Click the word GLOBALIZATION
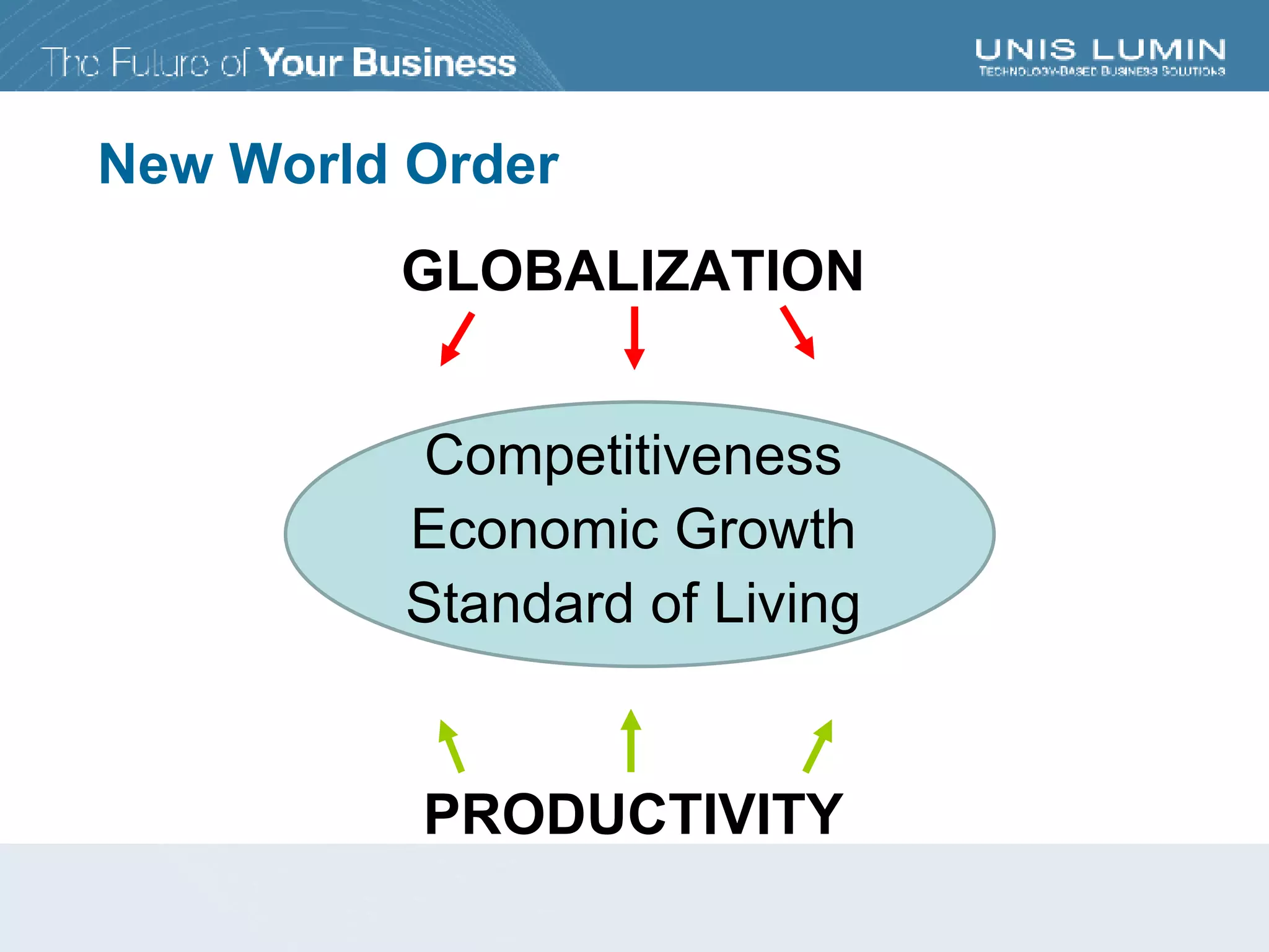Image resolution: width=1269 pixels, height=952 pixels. click(x=632, y=271)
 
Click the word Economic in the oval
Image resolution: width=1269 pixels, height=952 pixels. click(x=534, y=529)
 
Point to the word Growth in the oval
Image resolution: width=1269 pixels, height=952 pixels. click(x=765, y=529)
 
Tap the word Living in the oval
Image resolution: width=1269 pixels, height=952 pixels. click(x=787, y=604)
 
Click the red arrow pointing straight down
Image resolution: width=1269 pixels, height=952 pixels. click(x=634, y=338)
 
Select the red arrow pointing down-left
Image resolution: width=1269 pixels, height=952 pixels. click(x=457, y=339)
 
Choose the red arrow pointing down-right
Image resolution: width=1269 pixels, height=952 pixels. click(x=797, y=332)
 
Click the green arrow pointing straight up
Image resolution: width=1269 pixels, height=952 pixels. click(x=631, y=741)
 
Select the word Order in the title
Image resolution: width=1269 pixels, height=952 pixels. click(x=481, y=164)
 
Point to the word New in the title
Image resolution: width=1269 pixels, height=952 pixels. click(x=156, y=164)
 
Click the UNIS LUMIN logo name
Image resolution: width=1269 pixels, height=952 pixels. click(x=1100, y=50)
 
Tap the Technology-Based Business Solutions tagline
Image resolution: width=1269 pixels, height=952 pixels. click(x=1102, y=71)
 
